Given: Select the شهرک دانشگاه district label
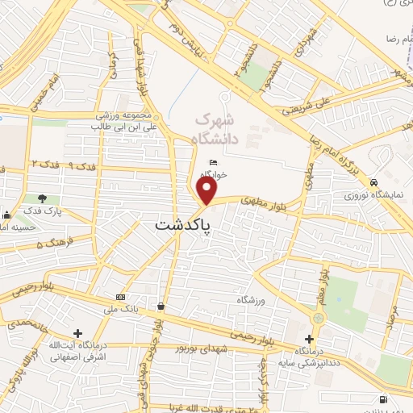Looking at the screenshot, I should coord(216,127).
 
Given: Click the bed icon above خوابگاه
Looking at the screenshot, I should coord(213,163).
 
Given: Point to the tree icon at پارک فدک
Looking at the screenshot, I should coord(42,198).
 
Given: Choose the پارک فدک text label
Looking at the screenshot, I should coord(43,211).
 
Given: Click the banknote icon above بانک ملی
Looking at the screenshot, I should coord(120,297).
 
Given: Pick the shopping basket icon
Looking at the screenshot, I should coord(162,307).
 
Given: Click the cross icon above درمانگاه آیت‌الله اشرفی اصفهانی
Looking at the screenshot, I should coord(77,333).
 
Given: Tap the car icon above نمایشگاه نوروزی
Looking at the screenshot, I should coord(374,182).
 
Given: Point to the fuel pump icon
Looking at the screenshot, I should coord(382,398).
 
